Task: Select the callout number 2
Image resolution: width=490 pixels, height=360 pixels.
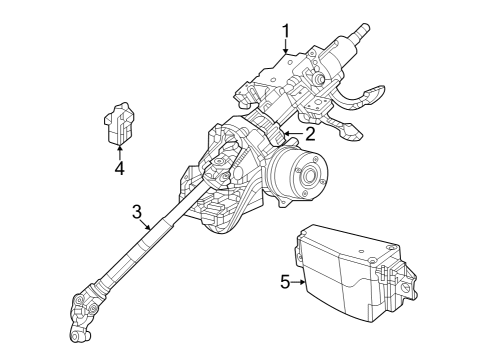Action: [x=311, y=133]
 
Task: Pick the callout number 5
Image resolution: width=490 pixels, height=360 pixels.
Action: [x=285, y=282]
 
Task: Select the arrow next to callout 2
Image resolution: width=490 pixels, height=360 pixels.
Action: [x=293, y=133]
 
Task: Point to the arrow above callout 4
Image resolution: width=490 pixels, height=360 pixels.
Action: [x=119, y=150]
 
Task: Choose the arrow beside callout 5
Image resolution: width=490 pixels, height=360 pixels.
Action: [x=300, y=282]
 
